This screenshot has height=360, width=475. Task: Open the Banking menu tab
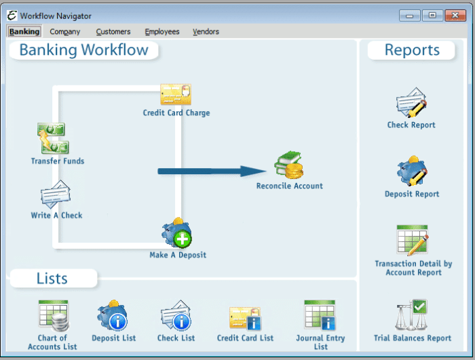point(24,31)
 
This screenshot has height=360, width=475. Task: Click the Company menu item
point(65,31)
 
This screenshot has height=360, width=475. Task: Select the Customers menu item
point(113,31)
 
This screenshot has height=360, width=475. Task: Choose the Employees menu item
point(162,31)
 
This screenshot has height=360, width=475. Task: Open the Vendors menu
point(206,31)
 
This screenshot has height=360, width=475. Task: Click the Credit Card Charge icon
point(176,94)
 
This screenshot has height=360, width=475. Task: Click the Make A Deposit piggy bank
point(176,234)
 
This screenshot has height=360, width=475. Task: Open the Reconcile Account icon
point(289,165)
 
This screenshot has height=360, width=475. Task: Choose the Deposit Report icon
point(412,172)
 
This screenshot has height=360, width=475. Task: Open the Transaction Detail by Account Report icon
point(413,241)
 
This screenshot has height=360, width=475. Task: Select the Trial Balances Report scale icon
point(412,315)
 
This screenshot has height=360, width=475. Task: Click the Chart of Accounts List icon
point(53,315)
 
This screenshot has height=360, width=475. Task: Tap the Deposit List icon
point(113,316)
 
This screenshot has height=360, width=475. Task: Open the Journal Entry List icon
point(320,315)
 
